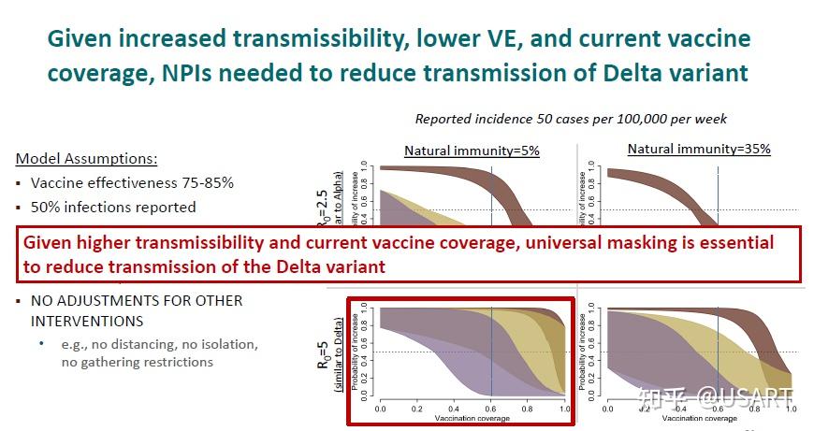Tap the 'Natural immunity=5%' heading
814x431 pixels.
coord(472,151)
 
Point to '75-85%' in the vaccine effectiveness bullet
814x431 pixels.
coord(200,183)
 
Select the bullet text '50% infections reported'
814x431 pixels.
coord(113,207)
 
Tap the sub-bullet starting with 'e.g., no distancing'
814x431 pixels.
coord(159,344)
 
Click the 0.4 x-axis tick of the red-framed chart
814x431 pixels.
coord(454,409)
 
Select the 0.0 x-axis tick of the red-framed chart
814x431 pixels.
coord(380,409)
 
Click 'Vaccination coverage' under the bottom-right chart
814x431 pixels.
coord(698,419)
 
